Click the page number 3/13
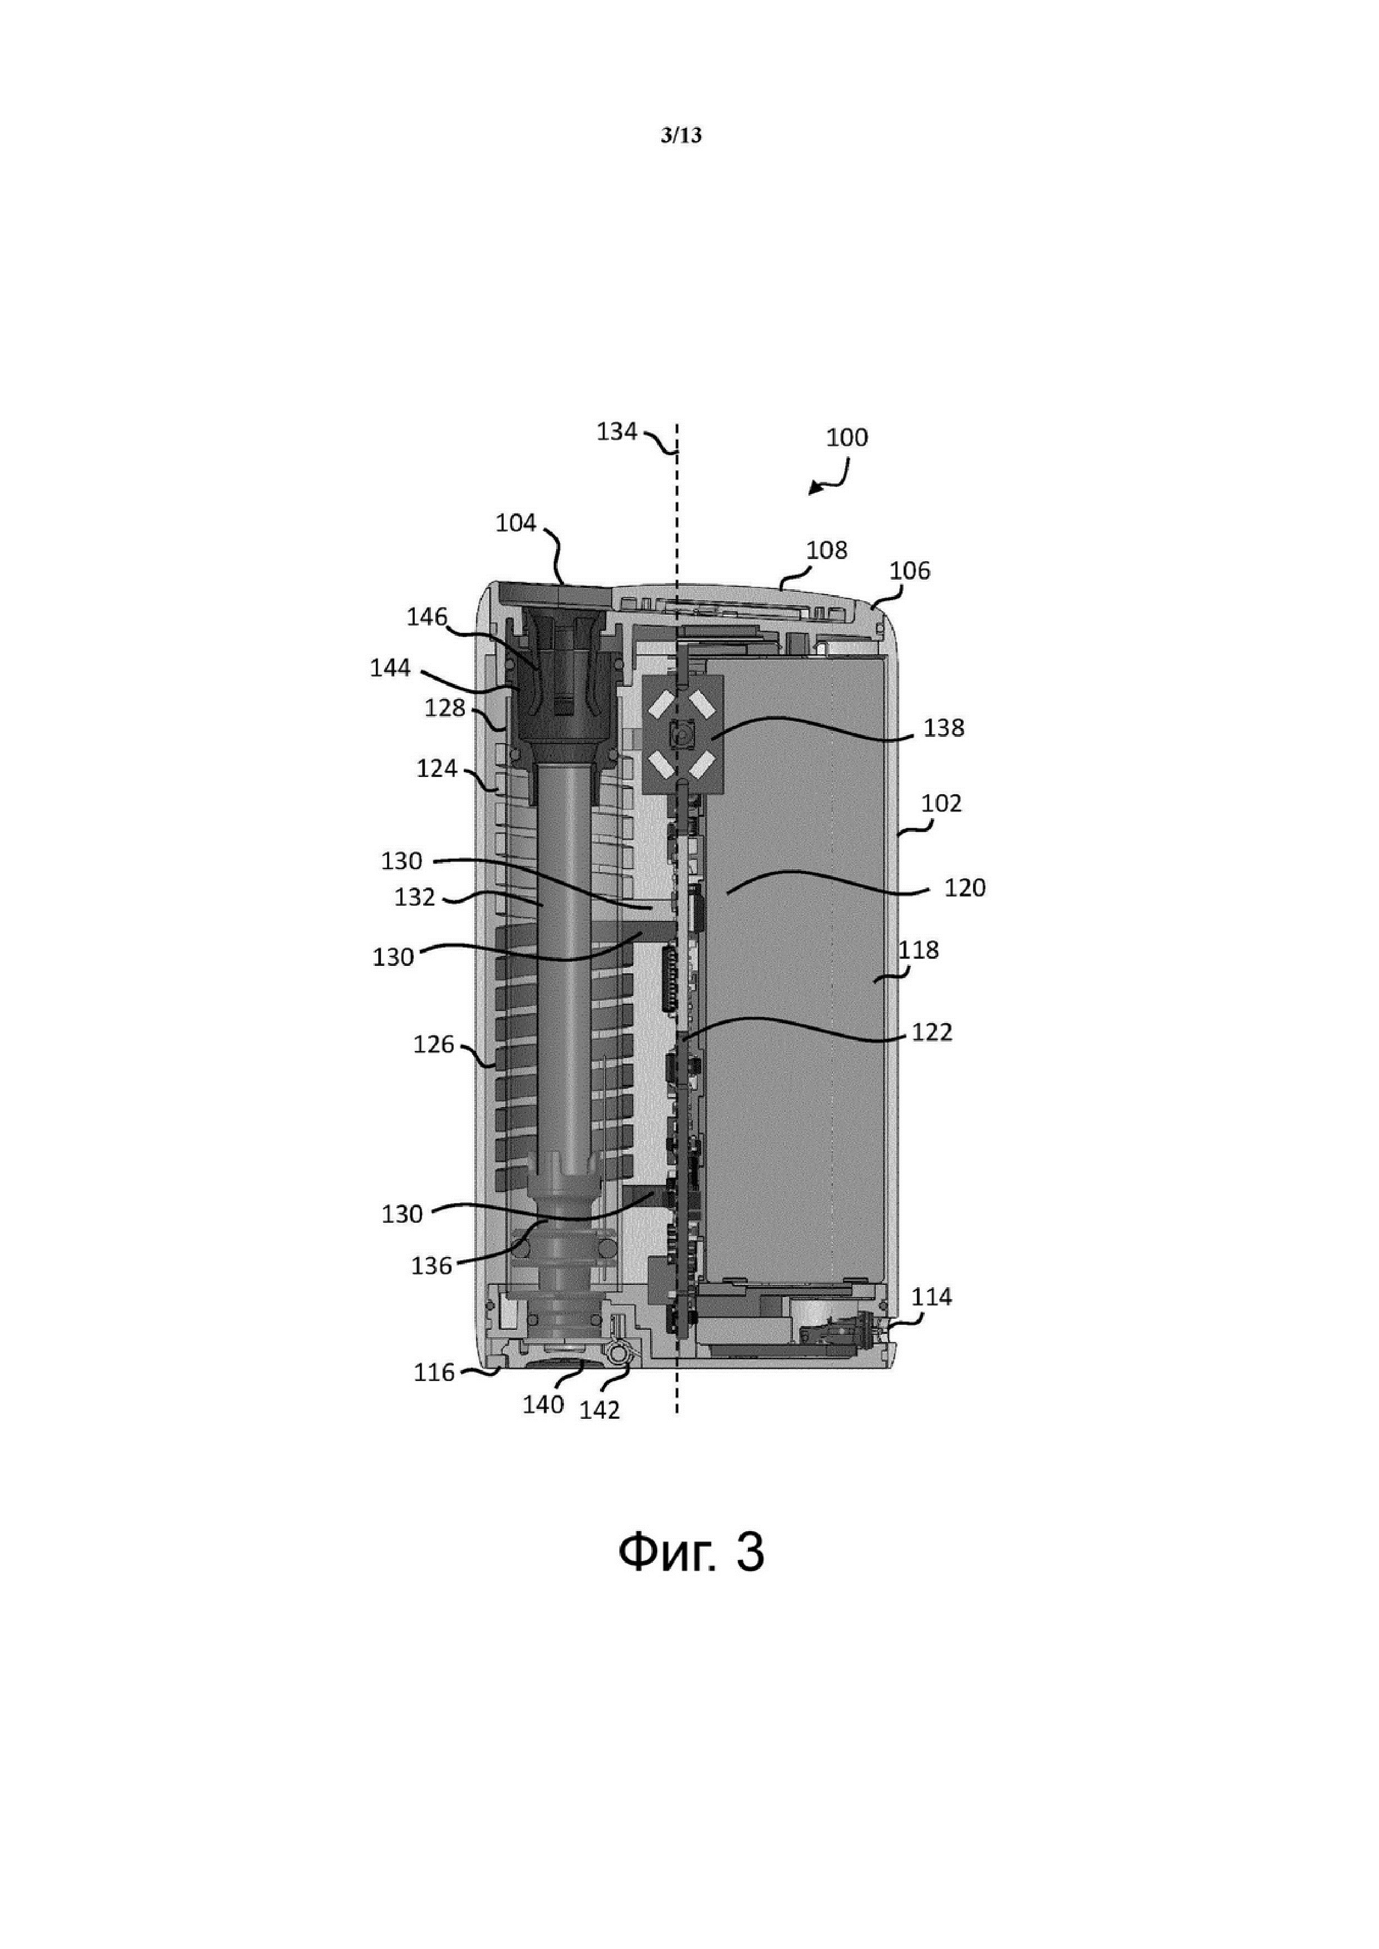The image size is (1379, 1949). (x=681, y=136)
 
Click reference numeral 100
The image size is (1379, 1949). (x=847, y=438)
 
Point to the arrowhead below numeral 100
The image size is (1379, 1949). (x=813, y=490)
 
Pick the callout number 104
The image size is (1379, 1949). (x=515, y=523)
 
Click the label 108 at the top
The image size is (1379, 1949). (x=826, y=550)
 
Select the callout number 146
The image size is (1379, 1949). (x=426, y=617)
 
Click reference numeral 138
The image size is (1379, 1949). (x=944, y=729)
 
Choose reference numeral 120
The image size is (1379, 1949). (x=965, y=888)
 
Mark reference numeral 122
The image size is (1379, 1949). (x=931, y=1032)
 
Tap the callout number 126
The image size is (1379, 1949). (x=434, y=1044)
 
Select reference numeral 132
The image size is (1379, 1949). (x=414, y=898)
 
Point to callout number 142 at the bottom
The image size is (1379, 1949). (x=599, y=1410)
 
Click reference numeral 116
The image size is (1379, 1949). (x=434, y=1373)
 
